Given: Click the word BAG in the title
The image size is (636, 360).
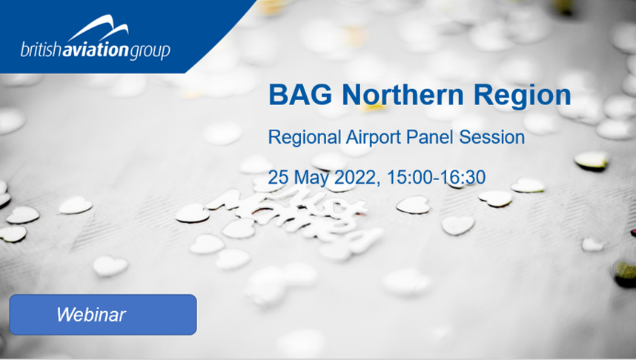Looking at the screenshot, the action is tap(300, 95).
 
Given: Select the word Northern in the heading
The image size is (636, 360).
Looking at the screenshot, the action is tap(403, 95).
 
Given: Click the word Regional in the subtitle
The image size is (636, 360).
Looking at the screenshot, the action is tap(304, 138).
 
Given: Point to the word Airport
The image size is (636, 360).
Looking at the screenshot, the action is tap(374, 138).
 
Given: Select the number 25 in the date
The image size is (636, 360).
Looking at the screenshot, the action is tap(278, 177).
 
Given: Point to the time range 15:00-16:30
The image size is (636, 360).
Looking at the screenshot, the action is tap(436, 177).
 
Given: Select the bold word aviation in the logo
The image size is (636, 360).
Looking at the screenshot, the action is tap(96, 50).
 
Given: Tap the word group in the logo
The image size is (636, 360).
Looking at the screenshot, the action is tap(149, 52).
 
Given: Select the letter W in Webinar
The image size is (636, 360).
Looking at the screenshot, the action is tap(67, 314).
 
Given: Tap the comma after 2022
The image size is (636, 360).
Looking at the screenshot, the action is tap(378, 184).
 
